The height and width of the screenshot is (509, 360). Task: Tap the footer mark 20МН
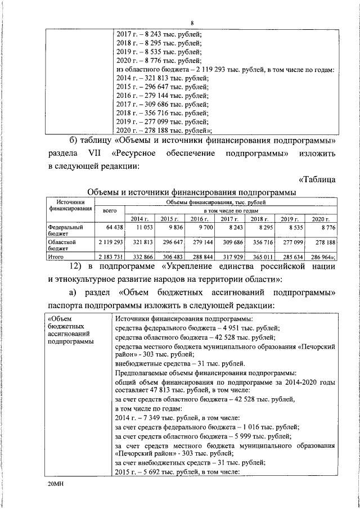tap(57, 483)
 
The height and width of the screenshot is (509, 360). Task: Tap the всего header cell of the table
tap(110, 209)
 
